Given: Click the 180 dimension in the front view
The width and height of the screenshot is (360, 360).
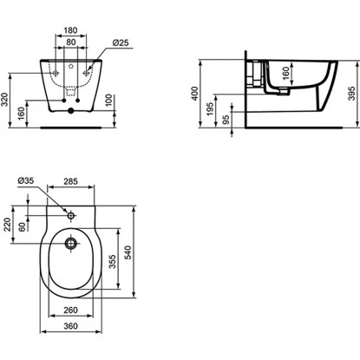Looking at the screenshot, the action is click(x=70, y=30).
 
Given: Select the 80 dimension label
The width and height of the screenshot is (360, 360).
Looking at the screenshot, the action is click(x=71, y=43).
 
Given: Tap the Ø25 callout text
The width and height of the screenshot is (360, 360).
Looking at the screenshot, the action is click(x=121, y=43).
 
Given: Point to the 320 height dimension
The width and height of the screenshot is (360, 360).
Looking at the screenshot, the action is click(x=4, y=100).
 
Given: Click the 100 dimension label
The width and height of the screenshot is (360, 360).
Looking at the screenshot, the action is click(x=108, y=100).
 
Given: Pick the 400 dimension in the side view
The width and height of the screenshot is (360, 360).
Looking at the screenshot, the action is click(x=195, y=94).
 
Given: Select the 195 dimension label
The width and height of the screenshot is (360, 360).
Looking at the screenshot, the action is click(x=210, y=108).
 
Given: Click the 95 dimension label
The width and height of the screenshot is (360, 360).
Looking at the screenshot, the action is click(x=226, y=120).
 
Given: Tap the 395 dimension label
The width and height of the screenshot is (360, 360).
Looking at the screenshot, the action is click(x=351, y=93).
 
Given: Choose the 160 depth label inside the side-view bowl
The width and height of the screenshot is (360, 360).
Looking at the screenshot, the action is click(x=285, y=73).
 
